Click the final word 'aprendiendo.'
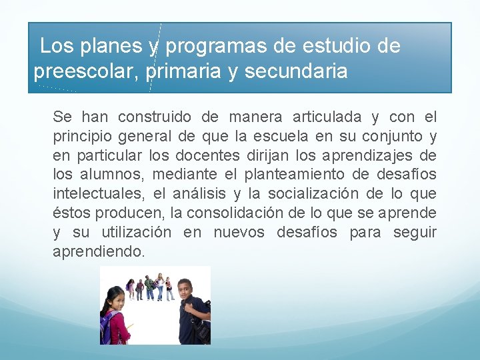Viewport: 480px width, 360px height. (x=98, y=252)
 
